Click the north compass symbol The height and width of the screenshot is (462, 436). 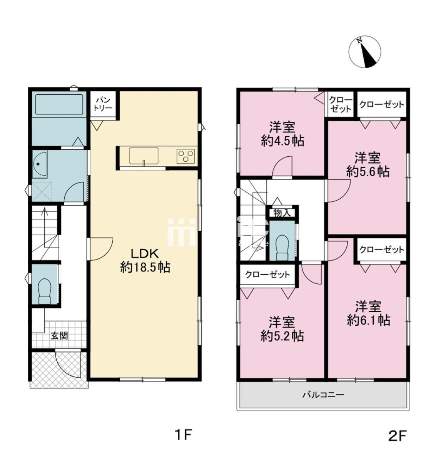coord(364,52)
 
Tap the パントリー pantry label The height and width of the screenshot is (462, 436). coord(102,104)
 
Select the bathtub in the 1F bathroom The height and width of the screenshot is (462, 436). coord(59,104)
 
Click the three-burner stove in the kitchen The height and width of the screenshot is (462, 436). coord(185,156)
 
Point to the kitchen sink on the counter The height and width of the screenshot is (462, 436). coord(144,156)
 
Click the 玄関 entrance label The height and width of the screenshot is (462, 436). coord(59,336)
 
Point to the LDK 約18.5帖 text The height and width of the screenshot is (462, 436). coord(145,261)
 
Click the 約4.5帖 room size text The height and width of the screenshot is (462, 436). coord(282,141)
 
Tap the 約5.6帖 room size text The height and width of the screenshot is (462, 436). coord(368,172)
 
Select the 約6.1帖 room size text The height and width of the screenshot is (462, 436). coord(369,320)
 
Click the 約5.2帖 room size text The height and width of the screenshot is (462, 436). coord(282,336)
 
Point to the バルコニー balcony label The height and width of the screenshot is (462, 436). coord(323,395)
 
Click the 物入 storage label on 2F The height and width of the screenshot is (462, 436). coord(282,213)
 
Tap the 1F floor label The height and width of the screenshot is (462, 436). coord(184,435)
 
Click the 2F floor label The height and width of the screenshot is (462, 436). coord(397,436)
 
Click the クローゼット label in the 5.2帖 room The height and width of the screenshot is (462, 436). coord(268,275)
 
